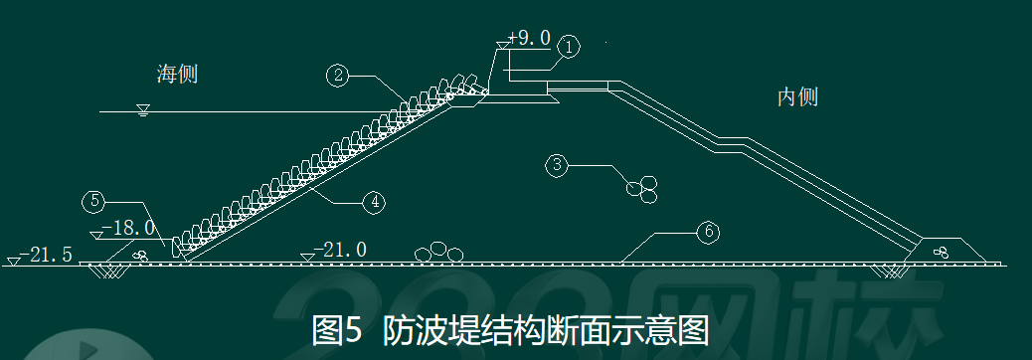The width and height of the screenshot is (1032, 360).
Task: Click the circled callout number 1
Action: point(569,48)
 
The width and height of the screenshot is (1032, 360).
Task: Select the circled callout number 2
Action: point(338,76)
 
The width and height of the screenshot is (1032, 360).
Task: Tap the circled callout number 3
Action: point(557,164)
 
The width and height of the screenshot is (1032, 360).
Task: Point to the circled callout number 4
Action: point(375,202)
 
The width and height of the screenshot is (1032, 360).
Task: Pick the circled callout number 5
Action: point(94,202)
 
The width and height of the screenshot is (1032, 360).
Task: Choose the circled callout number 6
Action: point(708,233)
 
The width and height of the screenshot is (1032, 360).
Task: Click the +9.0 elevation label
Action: point(529,38)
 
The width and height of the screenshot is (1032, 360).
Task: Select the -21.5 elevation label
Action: point(46,255)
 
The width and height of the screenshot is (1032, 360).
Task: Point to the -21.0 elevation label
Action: point(340,250)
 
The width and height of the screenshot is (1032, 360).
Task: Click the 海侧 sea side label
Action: point(177,74)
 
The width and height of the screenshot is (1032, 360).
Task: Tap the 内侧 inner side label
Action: point(797,96)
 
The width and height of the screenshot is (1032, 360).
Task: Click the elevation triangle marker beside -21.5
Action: point(13,262)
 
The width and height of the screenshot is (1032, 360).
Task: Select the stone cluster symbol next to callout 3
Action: point(641,190)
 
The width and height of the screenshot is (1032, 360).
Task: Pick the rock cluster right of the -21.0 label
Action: point(438,252)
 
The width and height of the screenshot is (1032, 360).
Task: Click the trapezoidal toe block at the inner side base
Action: point(944,251)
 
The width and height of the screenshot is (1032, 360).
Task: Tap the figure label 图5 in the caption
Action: point(336,330)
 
